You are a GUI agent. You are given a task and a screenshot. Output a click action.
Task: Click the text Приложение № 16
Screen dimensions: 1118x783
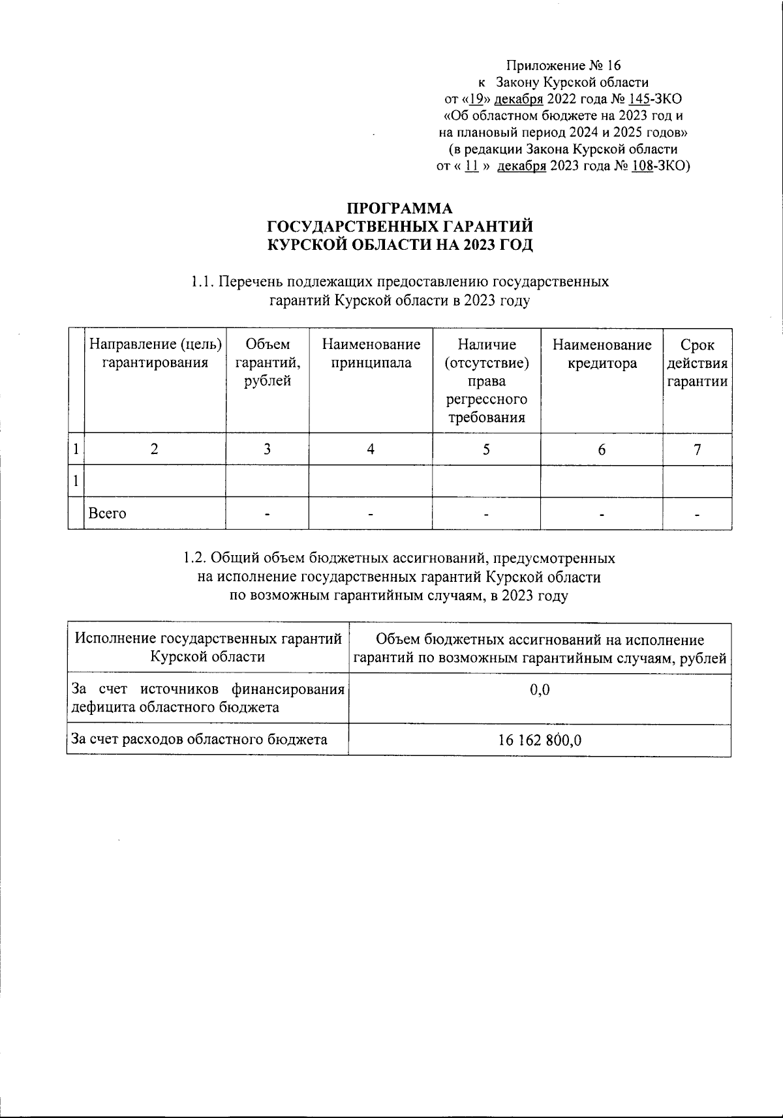[x=564, y=65]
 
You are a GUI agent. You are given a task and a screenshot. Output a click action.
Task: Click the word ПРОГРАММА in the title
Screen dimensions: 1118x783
[x=399, y=209]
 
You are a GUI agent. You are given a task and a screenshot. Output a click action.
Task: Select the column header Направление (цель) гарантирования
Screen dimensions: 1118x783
[x=155, y=353]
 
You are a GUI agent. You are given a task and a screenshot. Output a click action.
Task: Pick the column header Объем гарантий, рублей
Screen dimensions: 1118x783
[x=268, y=363]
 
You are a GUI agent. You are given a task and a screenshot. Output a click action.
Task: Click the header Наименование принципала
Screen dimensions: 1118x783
[x=371, y=353]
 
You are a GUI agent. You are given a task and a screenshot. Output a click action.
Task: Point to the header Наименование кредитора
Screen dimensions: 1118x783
[x=602, y=353]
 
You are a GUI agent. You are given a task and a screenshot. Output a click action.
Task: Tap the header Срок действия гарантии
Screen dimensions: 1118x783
[x=697, y=363]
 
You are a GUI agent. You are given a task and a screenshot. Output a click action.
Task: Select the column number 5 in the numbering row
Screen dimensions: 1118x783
[x=486, y=449]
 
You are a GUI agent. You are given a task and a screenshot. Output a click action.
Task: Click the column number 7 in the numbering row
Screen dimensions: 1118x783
[x=697, y=449]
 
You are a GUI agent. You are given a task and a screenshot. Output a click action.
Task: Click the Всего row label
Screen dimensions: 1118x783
[x=108, y=513]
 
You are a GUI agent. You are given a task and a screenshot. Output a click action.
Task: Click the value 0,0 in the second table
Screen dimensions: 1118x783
[x=540, y=689]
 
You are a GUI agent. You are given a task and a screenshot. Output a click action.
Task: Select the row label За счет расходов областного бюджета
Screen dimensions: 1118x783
[x=199, y=740]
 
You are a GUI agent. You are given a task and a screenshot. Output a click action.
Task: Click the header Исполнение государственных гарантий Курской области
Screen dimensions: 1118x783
[x=208, y=648]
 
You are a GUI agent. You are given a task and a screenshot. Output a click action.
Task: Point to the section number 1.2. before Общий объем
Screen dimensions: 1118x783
[x=196, y=559]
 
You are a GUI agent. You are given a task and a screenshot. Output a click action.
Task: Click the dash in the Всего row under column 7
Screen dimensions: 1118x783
[x=697, y=515]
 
